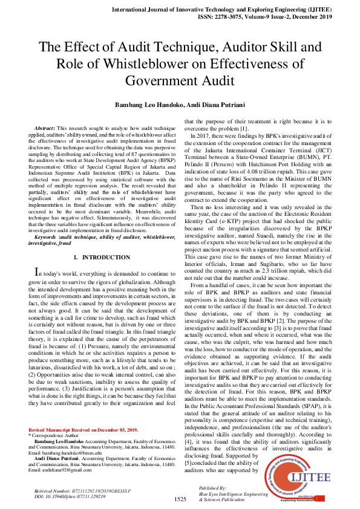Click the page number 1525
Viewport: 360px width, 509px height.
point(180,499)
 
